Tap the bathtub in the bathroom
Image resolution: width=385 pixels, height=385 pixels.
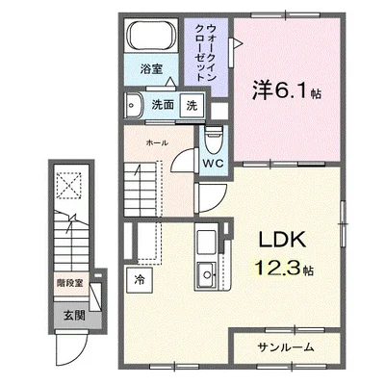coord(150,39)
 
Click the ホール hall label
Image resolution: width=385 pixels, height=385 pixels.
coord(158,142)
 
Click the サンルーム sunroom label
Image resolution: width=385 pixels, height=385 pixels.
coord(285,346)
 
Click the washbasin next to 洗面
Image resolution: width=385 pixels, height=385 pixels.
coord(133,104)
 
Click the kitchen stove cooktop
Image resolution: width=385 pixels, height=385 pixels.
coord(206,241)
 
